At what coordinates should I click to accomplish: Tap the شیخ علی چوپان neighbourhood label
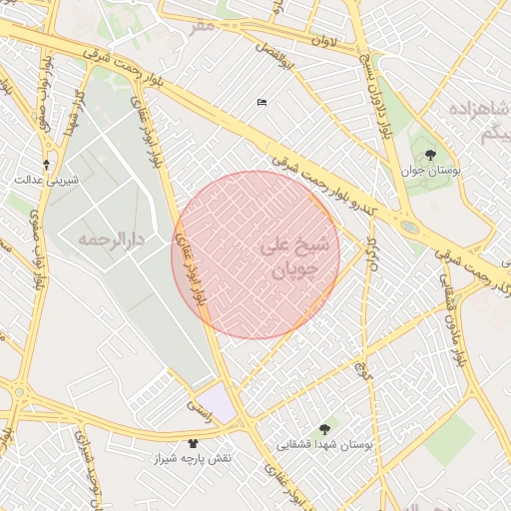click(x=289, y=255)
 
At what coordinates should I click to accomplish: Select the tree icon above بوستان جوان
click(x=430, y=155)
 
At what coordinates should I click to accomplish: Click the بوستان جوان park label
click(x=433, y=172)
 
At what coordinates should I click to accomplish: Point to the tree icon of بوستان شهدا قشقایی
click(x=323, y=428)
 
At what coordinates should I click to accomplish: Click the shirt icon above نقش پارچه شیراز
click(x=193, y=442)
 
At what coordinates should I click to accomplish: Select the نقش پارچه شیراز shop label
click(x=193, y=458)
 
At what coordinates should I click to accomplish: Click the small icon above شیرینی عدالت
click(x=46, y=163)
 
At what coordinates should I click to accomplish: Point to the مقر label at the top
click(x=204, y=24)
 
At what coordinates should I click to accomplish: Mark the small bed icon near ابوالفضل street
click(x=261, y=102)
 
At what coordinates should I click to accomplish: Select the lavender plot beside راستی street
click(x=223, y=402)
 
